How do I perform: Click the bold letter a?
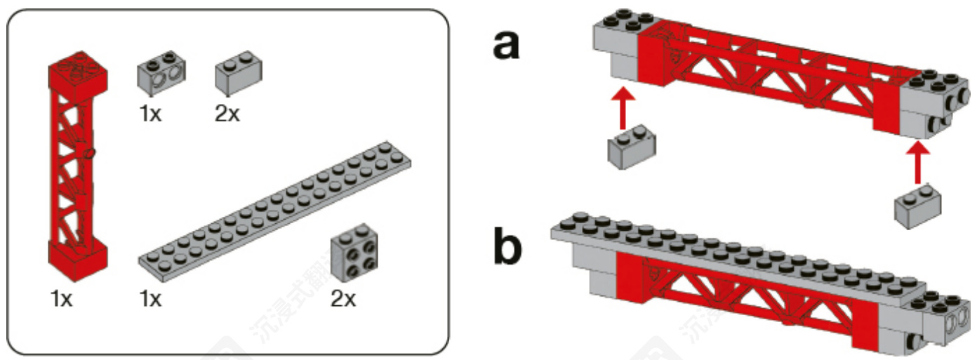pos(506,46)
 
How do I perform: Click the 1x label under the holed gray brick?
pos(149,114)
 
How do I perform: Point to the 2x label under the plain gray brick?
pos(227,114)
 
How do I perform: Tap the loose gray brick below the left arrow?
pos(631,148)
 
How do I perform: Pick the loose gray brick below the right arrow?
pos(917,205)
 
